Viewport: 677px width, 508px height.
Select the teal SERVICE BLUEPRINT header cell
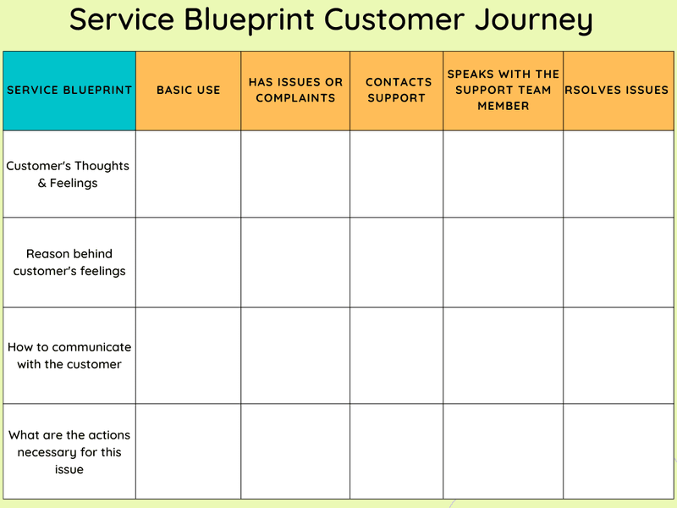click(x=69, y=90)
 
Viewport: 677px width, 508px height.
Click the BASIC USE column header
click(x=188, y=90)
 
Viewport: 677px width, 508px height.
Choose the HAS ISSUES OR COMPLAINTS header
click(x=295, y=90)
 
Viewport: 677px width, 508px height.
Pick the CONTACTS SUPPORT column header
click(x=396, y=90)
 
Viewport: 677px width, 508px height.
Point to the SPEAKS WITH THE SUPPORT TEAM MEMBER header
click(x=503, y=90)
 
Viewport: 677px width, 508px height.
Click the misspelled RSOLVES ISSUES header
click(x=618, y=90)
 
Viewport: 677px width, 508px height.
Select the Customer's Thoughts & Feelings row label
click(x=68, y=174)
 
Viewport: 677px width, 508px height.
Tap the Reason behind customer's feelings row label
click(x=69, y=262)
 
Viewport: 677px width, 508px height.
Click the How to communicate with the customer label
click(x=69, y=356)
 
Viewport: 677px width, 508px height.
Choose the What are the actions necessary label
click(x=69, y=451)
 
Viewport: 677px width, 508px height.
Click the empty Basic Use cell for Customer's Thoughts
click(x=188, y=174)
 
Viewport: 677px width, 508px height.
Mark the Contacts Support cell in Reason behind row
click(x=396, y=262)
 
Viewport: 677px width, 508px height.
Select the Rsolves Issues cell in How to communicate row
click(x=618, y=356)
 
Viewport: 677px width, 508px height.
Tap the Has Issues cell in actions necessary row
click(x=295, y=451)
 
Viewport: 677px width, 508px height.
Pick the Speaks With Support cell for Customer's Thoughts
click(x=503, y=174)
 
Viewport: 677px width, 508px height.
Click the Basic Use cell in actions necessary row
click(x=188, y=451)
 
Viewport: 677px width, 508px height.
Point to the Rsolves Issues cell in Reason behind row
click(x=618, y=262)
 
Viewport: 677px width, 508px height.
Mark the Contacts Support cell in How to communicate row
click(x=396, y=356)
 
